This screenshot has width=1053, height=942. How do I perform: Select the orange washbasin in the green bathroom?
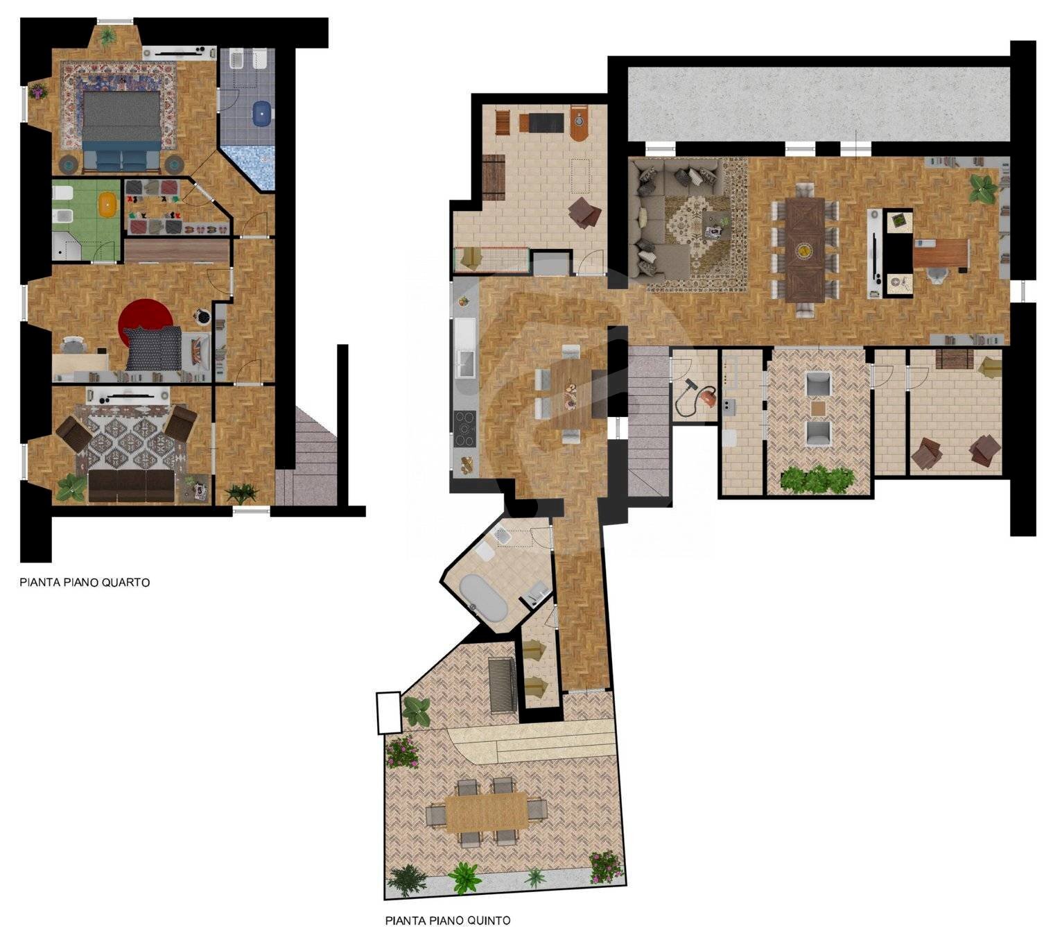107,205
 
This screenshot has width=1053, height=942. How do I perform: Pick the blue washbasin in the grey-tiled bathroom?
261,113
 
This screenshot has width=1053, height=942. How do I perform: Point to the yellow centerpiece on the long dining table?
804,248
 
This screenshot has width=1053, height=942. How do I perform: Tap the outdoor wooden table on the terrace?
486,812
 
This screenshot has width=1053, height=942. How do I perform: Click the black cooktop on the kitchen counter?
464,429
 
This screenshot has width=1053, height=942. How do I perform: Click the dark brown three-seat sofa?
132,486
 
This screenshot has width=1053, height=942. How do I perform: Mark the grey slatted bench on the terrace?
502,685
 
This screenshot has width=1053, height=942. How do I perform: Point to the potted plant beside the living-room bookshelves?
982,187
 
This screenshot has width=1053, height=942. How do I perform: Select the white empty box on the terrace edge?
388,712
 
